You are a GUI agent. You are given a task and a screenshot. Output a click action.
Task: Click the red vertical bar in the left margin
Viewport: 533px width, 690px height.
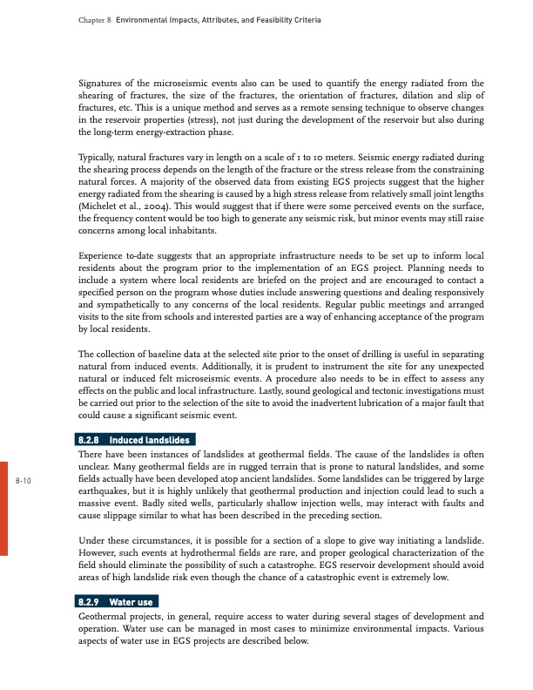pos(3,504)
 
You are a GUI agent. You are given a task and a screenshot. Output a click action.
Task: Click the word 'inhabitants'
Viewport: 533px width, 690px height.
pos(207,245)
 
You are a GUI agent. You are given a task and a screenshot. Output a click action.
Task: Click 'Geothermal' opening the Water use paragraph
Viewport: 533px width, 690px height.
pos(106,616)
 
